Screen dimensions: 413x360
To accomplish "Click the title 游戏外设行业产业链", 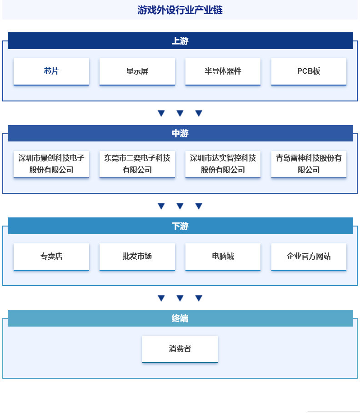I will pyautogui.click(x=180, y=10).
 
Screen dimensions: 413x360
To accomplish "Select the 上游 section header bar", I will pyautogui.click(x=180, y=41).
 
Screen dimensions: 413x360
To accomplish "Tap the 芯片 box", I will pyautogui.click(x=51, y=71).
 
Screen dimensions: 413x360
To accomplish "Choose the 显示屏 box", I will pyautogui.click(x=137, y=71).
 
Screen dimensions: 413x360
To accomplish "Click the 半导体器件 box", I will pyautogui.click(x=223, y=71).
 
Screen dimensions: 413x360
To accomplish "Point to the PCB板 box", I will pyautogui.click(x=309, y=71).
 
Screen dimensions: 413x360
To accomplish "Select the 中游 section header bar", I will pyautogui.click(x=180, y=133).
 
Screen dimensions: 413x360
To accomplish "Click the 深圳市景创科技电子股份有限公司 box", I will pyautogui.click(x=51, y=164).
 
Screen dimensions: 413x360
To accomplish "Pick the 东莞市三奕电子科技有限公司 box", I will pyautogui.click(x=137, y=164).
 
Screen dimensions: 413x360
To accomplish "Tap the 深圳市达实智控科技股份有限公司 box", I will pyautogui.click(x=223, y=164).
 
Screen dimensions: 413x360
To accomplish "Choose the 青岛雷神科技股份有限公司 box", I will pyautogui.click(x=309, y=164).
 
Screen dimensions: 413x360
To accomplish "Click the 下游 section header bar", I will pyautogui.click(x=180, y=226).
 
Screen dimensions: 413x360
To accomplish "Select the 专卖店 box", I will pyautogui.click(x=51, y=257).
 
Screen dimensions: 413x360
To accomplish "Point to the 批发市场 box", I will pyautogui.click(x=137, y=257).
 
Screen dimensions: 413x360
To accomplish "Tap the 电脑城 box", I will pyautogui.click(x=223, y=257).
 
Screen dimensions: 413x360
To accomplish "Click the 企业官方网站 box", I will pyautogui.click(x=309, y=257).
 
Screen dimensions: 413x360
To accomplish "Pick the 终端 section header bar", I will pyautogui.click(x=180, y=318).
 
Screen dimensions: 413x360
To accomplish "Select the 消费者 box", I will pyautogui.click(x=180, y=349).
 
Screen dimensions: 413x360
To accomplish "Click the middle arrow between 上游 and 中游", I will pyautogui.click(x=180, y=113).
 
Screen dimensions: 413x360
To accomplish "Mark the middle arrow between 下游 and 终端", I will pyautogui.click(x=180, y=298).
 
